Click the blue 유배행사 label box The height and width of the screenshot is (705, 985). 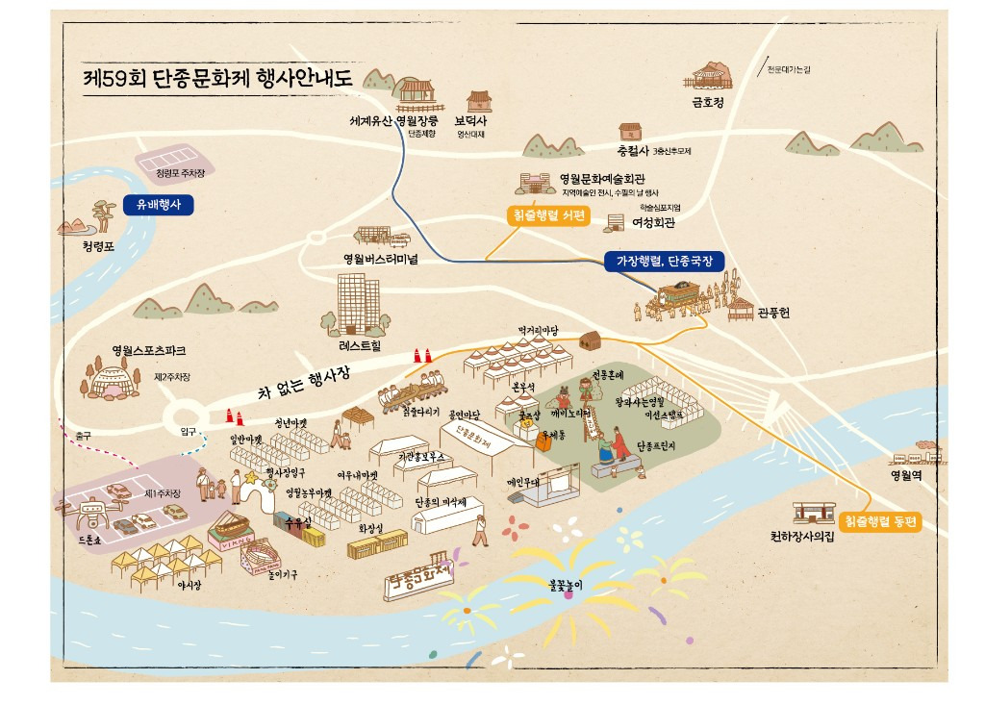(159, 205)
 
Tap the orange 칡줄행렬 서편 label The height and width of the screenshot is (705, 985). (548, 215)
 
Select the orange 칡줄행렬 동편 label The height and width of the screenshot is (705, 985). (880, 522)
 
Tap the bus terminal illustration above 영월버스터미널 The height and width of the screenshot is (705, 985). (381, 237)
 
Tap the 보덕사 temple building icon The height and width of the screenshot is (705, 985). (478, 101)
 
